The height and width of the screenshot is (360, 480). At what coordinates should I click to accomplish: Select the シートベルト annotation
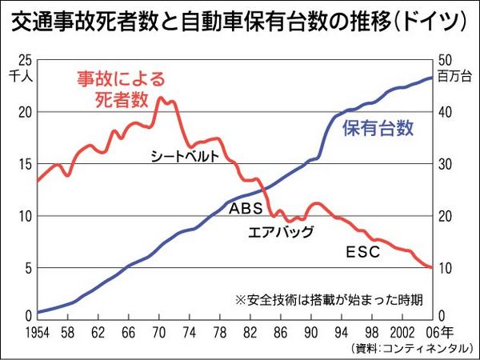tap(185, 157)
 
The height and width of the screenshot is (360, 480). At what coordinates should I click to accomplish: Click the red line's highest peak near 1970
tap(161, 98)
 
